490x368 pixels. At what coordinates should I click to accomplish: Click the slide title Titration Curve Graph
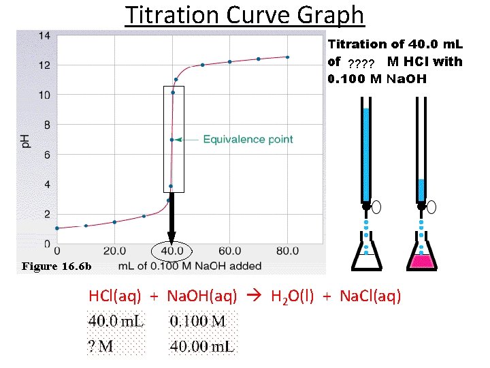click(x=245, y=14)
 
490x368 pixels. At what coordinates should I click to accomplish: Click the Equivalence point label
click(x=248, y=139)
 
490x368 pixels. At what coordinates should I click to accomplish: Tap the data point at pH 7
click(x=172, y=140)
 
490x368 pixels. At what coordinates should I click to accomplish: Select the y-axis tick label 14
click(x=43, y=35)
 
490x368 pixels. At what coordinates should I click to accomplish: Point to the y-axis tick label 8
click(x=45, y=125)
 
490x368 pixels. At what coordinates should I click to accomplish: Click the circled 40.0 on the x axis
click(x=171, y=250)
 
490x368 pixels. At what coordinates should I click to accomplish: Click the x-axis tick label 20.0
click(x=114, y=250)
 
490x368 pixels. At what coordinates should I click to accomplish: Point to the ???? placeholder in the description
click(x=361, y=64)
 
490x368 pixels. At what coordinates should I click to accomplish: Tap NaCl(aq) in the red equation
click(x=370, y=296)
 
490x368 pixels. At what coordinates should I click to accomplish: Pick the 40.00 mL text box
click(x=202, y=347)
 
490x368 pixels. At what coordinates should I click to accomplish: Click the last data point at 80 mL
click(x=288, y=57)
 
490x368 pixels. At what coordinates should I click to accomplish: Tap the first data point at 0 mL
click(x=57, y=228)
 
